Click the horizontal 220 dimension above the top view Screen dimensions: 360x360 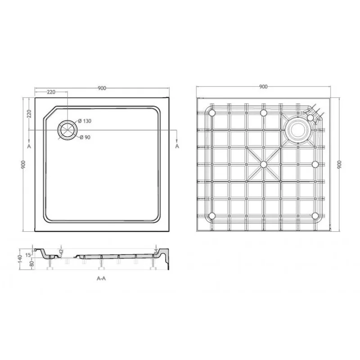(x=51, y=92)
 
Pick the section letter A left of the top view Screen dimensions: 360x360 (x=29, y=147)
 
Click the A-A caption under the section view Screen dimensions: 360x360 (x=101, y=279)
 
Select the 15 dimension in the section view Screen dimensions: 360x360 (x=27, y=255)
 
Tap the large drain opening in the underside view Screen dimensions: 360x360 (x=297, y=129)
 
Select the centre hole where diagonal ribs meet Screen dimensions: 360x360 (x=264, y=164)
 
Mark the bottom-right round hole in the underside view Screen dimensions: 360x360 (x=315, y=215)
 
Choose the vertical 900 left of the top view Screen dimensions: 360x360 (x=23, y=165)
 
